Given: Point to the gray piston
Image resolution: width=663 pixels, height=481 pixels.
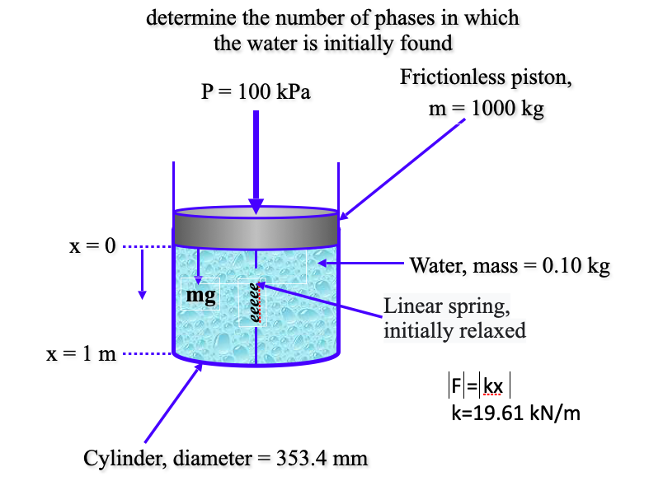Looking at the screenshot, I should coord(256,230).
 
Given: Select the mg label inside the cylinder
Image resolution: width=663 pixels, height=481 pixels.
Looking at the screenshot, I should coord(201,295).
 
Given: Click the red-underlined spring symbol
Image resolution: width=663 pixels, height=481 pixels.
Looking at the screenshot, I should coord(256,305).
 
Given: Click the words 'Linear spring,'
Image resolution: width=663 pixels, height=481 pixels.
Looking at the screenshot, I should coord(447,307).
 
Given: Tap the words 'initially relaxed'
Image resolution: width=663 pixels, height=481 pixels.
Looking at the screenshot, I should coord(454,330).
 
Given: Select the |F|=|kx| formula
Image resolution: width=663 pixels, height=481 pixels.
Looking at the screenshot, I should coord(482,385).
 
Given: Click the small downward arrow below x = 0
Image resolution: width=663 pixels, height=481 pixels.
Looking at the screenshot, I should coord(142,272).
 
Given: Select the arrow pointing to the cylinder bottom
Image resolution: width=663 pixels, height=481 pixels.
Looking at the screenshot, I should coord(172,403).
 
